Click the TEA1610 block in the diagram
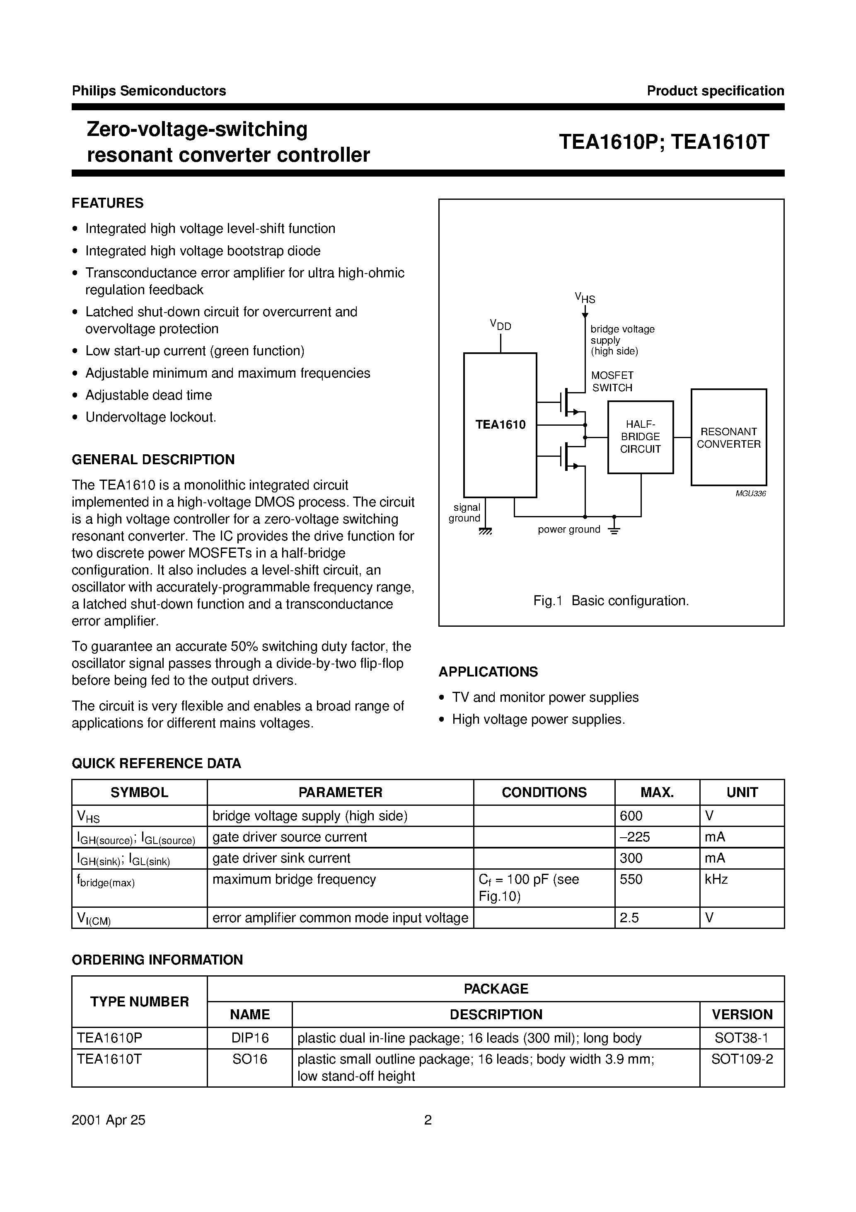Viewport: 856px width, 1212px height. pyautogui.click(x=500, y=425)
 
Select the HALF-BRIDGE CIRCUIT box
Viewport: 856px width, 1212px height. pyautogui.click(x=640, y=437)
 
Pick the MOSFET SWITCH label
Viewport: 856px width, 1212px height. pyautogui.click(x=612, y=381)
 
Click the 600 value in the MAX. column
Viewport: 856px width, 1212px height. pyautogui.click(x=631, y=816)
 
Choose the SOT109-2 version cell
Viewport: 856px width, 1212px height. pyautogui.click(x=742, y=1059)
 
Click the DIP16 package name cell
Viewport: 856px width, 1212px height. pyautogui.click(x=249, y=1038)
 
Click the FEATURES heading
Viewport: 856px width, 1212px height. pyautogui.click(x=108, y=203)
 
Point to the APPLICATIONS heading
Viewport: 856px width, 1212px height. pyautogui.click(x=488, y=671)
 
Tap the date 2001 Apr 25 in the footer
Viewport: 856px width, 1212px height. pyautogui.click(x=108, y=1120)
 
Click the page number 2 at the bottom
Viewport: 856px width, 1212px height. pyautogui.click(x=428, y=1120)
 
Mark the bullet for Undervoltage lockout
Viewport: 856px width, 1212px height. pyautogui.click(x=75, y=417)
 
